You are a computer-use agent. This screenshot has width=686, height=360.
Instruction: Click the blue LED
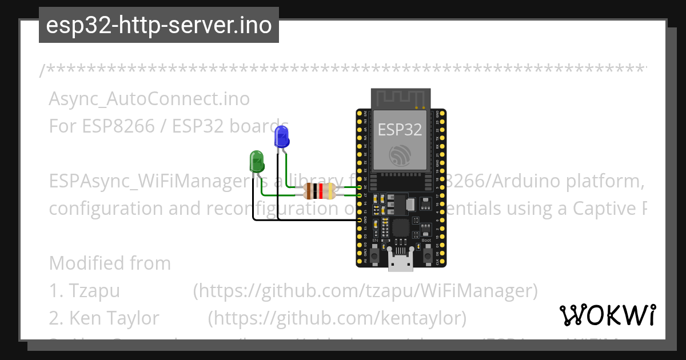point(281,138)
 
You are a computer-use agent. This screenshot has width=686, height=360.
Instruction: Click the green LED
point(257,161)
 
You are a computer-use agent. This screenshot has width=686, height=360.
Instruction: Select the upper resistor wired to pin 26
point(320,187)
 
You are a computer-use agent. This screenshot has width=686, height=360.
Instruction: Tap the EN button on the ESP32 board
point(375,255)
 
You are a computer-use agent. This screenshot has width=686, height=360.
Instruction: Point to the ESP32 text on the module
point(400,130)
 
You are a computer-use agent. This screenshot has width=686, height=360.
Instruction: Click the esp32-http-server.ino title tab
point(158,25)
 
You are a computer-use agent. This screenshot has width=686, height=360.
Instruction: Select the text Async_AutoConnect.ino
point(149,99)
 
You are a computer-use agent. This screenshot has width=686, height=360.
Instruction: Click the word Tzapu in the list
point(94,291)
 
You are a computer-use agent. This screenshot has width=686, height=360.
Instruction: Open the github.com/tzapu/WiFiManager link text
point(365,291)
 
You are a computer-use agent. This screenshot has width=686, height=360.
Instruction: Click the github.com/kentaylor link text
point(337,317)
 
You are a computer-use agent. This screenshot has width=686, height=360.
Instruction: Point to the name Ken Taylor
point(114,317)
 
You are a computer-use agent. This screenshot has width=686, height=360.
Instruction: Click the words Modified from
point(110,263)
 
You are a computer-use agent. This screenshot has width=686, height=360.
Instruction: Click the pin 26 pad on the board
point(361,187)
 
